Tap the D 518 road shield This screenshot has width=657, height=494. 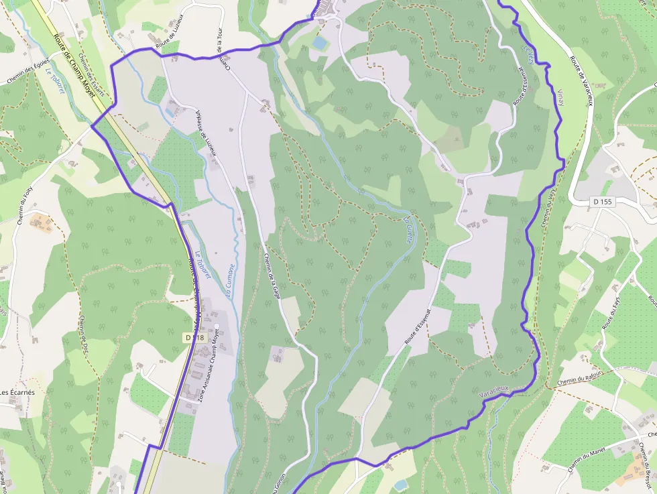click(x=193, y=337)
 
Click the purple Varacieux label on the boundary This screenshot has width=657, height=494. click(x=495, y=391)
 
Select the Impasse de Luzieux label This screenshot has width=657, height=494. click(x=205, y=132)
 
